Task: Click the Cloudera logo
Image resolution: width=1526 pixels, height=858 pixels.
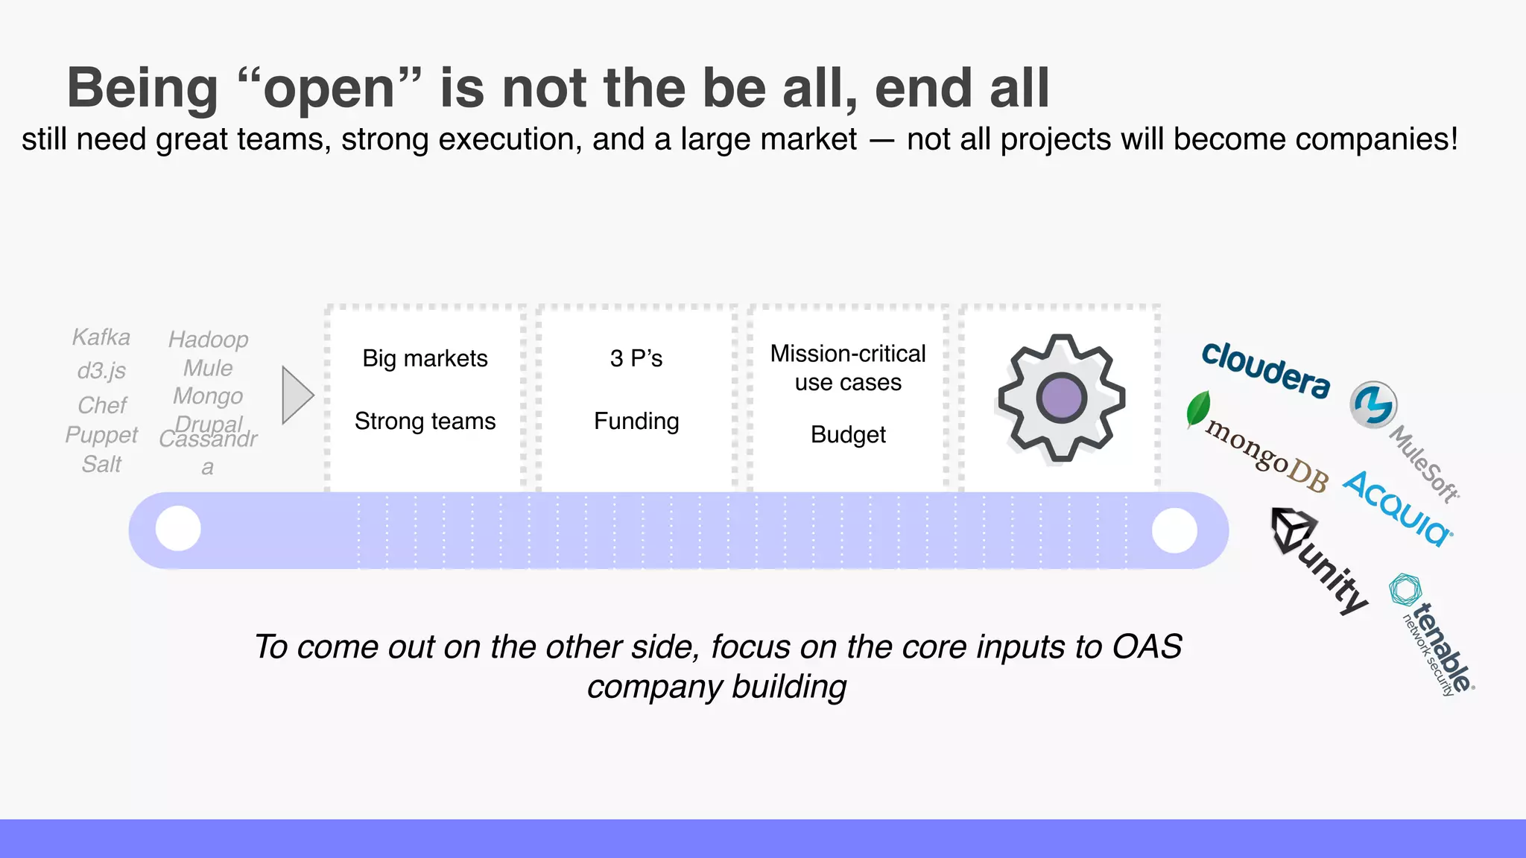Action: point(1265,369)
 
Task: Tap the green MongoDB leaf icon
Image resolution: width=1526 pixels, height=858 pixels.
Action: point(1197,409)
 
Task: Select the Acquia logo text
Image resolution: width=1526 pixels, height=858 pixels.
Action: point(1397,508)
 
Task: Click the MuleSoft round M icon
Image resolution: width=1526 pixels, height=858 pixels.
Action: point(1373,405)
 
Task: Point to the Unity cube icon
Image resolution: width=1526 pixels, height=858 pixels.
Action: point(1293,530)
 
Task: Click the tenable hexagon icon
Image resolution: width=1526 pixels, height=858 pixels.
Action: point(1405,590)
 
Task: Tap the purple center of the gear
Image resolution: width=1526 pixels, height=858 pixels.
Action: point(1061,398)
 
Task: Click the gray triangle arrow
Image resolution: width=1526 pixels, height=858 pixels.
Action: point(297,395)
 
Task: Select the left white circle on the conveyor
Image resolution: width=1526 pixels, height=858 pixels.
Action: point(178,529)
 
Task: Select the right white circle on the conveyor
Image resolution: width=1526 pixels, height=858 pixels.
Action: point(1174,530)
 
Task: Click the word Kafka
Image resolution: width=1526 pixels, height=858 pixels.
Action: point(101,337)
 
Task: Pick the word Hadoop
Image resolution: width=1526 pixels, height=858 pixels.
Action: point(208,340)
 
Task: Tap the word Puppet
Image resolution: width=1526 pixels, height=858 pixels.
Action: point(101,435)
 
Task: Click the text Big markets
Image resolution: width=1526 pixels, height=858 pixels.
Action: point(425,358)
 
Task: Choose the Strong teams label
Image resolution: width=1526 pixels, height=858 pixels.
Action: point(425,422)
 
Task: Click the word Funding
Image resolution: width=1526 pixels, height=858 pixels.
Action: point(636,422)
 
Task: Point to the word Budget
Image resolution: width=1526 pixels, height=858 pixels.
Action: point(848,434)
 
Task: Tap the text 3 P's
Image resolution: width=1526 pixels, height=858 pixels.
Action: point(636,358)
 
